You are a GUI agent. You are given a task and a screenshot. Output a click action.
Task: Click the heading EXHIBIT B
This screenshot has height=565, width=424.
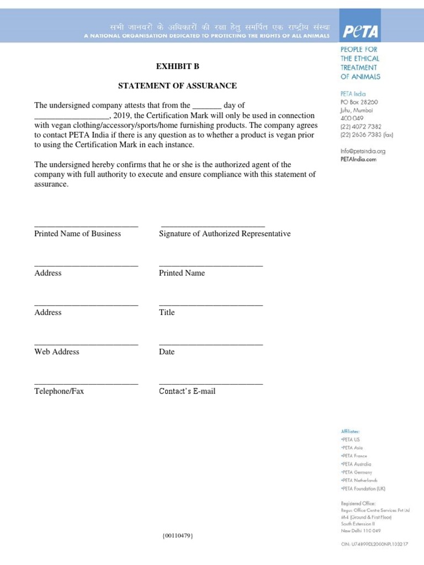(177, 66)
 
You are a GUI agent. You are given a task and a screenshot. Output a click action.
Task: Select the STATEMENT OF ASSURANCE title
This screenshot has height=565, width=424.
(178, 86)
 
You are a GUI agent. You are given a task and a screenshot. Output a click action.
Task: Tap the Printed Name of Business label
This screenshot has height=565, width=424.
(77, 234)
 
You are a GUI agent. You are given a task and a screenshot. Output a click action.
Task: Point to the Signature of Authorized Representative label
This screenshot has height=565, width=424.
(225, 234)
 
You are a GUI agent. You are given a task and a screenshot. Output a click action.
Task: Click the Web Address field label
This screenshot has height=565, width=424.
(56, 352)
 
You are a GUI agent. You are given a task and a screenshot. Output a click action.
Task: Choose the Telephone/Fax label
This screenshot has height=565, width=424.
(59, 391)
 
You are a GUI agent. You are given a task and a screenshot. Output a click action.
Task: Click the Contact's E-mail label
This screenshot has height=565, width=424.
(187, 391)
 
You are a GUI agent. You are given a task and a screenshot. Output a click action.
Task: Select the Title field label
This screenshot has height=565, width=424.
(167, 312)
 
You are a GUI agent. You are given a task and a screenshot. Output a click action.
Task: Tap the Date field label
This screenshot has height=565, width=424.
(167, 352)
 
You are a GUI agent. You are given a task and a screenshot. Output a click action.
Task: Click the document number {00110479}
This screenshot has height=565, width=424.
(177, 536)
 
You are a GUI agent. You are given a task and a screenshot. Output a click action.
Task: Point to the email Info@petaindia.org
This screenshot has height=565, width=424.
(363, 151)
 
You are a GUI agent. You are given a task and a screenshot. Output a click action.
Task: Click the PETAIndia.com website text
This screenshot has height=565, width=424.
(358, 159)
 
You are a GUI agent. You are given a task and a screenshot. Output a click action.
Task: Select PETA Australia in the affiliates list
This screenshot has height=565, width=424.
(357, 464)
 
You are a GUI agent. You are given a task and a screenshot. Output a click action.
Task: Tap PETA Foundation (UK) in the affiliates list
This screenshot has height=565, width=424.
(363, 489)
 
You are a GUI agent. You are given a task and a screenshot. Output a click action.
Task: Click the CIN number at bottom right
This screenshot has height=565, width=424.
(374, 544)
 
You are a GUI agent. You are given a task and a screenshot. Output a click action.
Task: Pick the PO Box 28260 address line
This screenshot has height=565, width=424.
(359, 102)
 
